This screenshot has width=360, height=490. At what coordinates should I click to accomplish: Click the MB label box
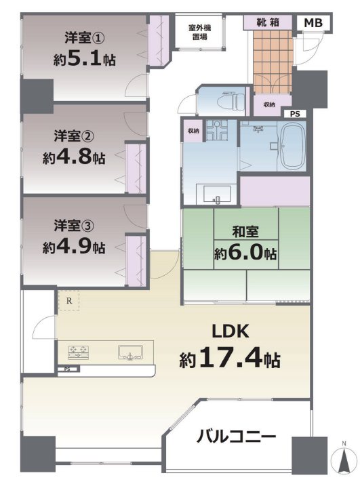(x=313, y=23)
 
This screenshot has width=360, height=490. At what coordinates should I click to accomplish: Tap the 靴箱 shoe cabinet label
(x=268, y=22)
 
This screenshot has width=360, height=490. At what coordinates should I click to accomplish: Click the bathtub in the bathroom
(x=293, y=146)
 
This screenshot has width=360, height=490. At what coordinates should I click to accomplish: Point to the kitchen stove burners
(x=78, y=352)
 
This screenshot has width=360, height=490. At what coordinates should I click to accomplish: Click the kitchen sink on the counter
(x=130, y=352)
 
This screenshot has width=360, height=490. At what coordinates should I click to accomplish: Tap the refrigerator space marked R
(x=68, y=301)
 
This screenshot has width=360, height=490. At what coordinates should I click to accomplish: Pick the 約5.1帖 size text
(x=84, y=59)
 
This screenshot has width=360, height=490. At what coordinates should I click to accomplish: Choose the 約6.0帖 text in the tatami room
(x=245, y=253)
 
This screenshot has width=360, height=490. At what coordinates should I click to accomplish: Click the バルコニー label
(x=236, y=436)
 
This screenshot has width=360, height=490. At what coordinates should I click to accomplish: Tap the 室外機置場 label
(x=199, y=32)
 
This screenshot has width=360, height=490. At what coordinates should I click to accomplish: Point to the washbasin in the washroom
(x=217, y=194)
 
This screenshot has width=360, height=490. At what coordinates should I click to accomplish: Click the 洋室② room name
(x=74, y=136)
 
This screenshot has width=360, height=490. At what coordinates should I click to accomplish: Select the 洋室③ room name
(x=74, y=226)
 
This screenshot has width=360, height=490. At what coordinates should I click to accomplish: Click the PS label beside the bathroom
(x=295, y=114)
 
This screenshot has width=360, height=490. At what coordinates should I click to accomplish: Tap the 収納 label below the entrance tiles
(x=268, y=104)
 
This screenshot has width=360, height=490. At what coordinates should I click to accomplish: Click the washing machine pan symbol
(x=216, y=130)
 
